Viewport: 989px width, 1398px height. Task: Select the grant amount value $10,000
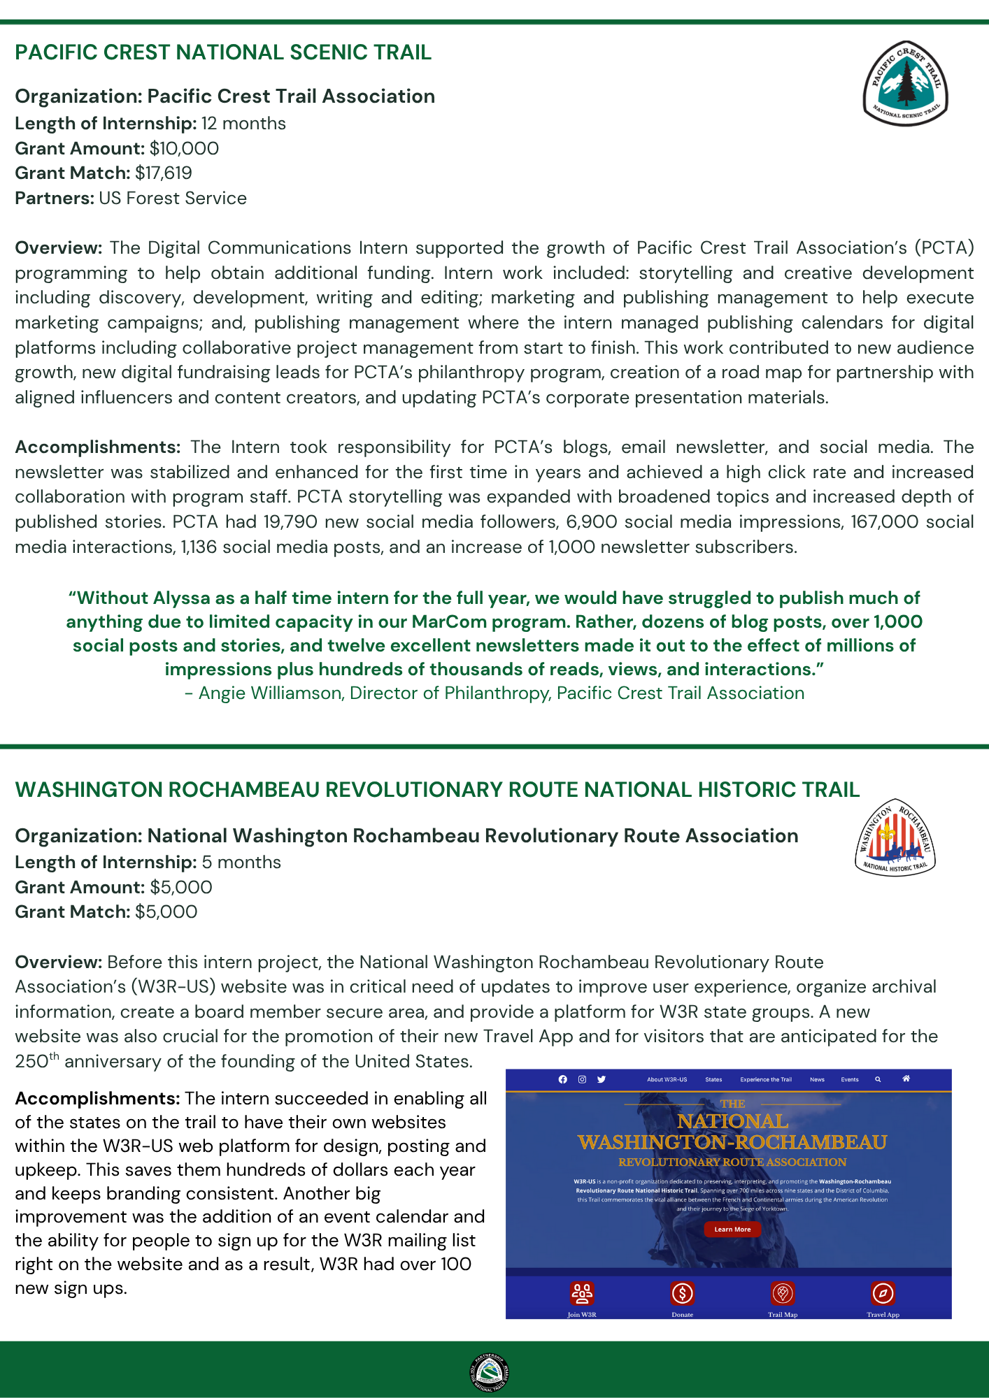(184, 148)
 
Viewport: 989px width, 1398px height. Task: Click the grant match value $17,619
(164, 173)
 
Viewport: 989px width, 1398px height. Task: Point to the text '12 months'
(243, 124)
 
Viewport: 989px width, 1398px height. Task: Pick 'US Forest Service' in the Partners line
(173, 198)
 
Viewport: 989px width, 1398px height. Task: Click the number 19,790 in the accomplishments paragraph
(290, 522)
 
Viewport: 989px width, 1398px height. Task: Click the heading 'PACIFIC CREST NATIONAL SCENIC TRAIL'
(223, 52)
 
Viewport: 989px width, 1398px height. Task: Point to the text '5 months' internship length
(241, 862)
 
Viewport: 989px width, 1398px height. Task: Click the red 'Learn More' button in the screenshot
(732, 1229)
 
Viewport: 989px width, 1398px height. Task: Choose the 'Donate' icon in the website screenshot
(682, 1294)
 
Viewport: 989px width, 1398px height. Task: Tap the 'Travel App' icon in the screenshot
(883, 1294)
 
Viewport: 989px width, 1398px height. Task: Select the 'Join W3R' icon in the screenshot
(582, 1294)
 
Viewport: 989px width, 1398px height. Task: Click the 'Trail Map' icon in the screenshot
(783, 1294)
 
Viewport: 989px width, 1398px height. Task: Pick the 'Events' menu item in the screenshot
(850, 1079)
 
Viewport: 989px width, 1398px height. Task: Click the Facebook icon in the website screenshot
(563, 1079)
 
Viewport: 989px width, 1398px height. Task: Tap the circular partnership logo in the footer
(490, 1372)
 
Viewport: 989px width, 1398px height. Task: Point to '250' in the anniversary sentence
(31, 1062)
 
